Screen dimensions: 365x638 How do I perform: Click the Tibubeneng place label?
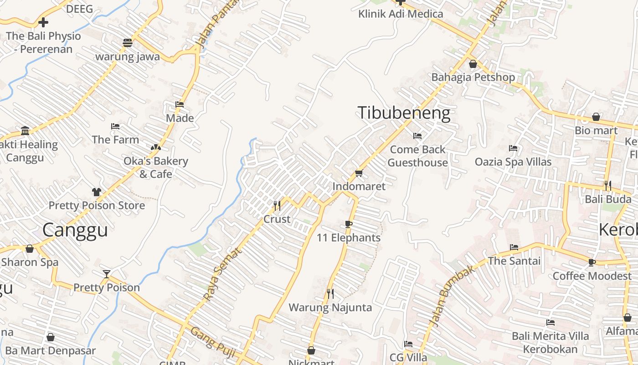point(404,113)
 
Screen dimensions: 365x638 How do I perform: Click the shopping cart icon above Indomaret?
point(359,173)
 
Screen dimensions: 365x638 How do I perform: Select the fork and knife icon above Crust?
point(277,206)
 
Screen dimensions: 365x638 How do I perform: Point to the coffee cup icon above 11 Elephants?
point(349,224)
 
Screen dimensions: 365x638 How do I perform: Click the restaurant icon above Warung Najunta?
point(330,293)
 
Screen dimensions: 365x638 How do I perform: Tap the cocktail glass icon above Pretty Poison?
point(107,274)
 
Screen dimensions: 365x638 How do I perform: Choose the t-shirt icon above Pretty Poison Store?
point(96,192)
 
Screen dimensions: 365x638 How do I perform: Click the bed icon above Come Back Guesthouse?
point(417,136)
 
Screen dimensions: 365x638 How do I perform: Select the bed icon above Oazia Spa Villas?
point(513,148)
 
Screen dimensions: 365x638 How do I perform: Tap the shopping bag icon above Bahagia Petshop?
point(473,64)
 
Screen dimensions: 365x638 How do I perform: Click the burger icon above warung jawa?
point(127,43)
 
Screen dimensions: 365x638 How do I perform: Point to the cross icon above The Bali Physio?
point(43,22)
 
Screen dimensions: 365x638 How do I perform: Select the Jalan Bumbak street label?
point(452,295)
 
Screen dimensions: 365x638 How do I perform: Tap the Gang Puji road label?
point(210,343)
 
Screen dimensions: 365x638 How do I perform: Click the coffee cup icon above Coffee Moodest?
point(592,262)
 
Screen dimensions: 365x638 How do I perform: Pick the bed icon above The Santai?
point(514,247)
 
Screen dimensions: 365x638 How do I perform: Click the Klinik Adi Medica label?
point(401,14)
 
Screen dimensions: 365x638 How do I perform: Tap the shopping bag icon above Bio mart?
point(596,117)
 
